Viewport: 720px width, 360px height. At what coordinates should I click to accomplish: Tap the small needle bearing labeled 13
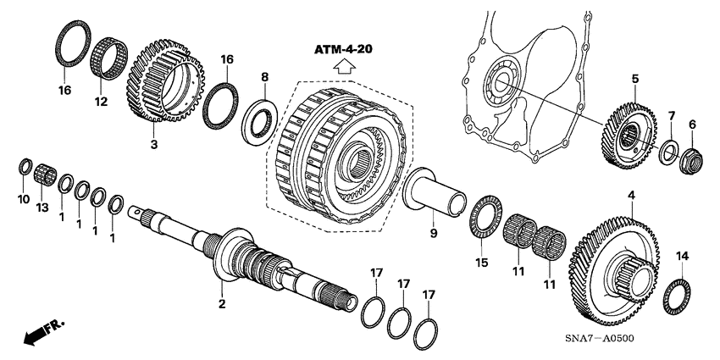45,174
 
